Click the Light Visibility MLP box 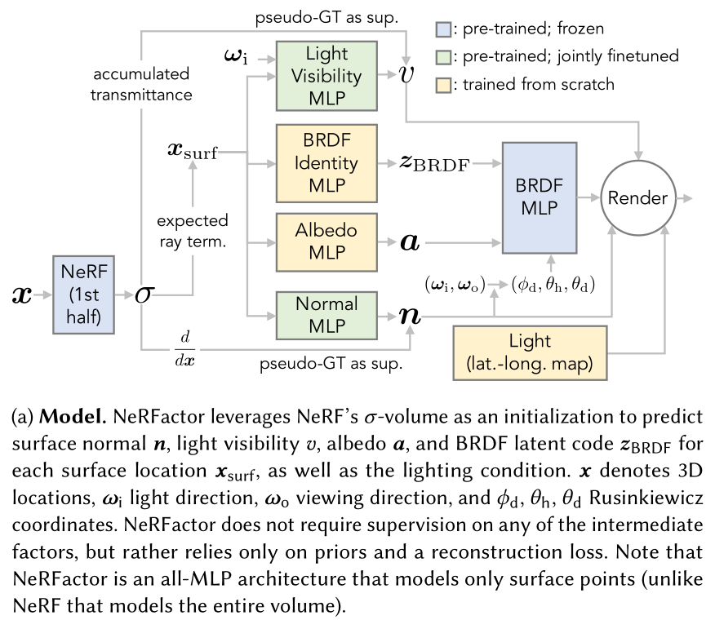[x=326, y=75]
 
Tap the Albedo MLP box [x=326, y=242]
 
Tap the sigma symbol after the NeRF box [x=144, y=294]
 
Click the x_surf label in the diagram [x=192, y=152]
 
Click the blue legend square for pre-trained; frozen [x=442, y=31]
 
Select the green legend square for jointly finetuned [x=442, y=57]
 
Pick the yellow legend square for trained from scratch [x=442, y=83]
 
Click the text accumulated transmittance [x=143, y=84]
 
